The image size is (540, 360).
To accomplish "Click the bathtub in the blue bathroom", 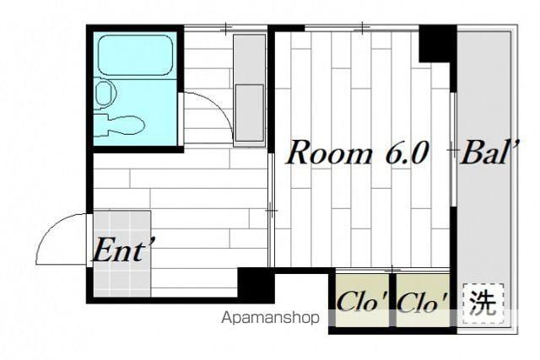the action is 136,54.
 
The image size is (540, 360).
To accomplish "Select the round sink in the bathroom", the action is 105,93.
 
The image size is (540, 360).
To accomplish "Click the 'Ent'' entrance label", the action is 122,250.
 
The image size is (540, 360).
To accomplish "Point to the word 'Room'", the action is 329,153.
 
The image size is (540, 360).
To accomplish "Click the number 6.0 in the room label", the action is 408,153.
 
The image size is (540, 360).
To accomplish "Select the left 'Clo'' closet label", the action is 362,302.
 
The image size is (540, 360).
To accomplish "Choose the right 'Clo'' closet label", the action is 423,302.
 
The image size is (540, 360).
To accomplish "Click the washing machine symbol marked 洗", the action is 483,304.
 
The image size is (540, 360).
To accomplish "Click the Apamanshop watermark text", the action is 270,318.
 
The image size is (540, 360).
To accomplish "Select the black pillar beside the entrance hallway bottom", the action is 256,285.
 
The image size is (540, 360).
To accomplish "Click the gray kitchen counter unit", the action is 250,90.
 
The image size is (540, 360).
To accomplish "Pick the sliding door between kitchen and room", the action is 271,210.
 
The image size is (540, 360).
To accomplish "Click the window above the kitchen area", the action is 226,28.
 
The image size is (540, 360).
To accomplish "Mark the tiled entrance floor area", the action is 121,254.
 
